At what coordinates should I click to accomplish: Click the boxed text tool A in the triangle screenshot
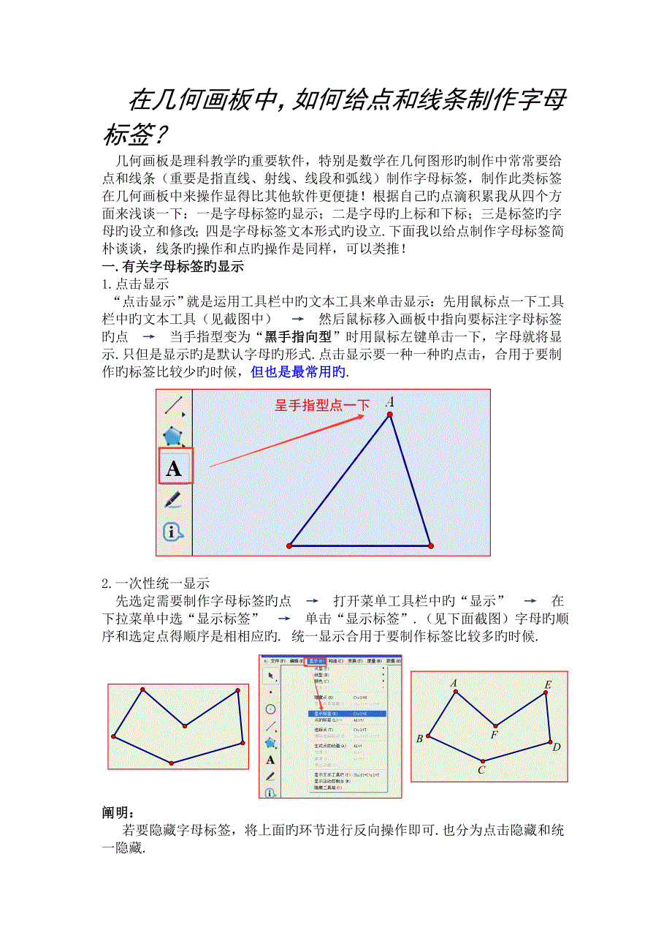(175, 467)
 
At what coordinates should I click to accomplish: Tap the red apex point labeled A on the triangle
(390, 415)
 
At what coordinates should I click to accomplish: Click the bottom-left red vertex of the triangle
(290, 545)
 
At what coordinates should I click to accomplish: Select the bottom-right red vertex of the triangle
(431, 545)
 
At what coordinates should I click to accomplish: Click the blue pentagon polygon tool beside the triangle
(172, 437)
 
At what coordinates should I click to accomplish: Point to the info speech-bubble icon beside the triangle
(173, 532)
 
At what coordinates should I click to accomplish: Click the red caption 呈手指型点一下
(322, 405)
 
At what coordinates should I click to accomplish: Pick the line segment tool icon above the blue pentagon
(173, 404)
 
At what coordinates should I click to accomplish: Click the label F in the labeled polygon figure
(495, 734)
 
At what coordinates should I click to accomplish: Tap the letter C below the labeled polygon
(481, 769)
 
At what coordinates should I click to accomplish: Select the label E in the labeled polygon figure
(548, 685)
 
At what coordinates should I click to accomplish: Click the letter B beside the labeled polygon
(419, 738)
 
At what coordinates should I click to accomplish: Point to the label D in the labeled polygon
(556, 747)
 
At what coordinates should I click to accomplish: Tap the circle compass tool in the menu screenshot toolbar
(270, 709)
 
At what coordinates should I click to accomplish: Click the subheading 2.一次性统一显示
(156, 583)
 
